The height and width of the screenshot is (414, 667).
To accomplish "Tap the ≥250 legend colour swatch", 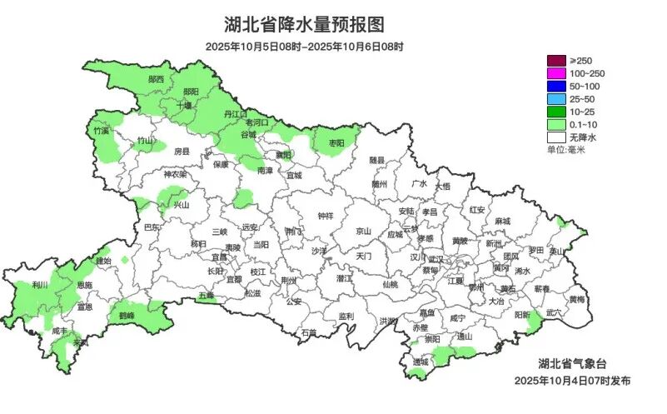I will pyautogui.click(x=556, y=61).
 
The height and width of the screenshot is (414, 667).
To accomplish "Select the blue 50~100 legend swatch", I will pyautogui.click(x=556, y=87).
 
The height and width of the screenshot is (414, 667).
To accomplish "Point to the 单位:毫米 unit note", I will pyautogui.click(x=566, y=150).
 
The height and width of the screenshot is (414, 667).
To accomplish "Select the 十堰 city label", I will pyautogui.click(x=185, y=106).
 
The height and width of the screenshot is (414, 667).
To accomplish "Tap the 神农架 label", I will pyautogui.click(x=175, y=175).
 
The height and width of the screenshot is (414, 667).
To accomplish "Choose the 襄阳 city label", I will pyautogui.click(x=285, y=154).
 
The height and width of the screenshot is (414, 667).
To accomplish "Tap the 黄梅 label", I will pyautogui.click(x=576, y=298).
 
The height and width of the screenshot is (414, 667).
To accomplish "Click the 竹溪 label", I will pyautogui.click(x=102, y=132).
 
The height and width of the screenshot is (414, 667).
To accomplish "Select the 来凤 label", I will pyautogui.click(x=81, y=342).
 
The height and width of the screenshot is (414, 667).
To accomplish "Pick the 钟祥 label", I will pyautogui.click(x=325, y=215).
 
